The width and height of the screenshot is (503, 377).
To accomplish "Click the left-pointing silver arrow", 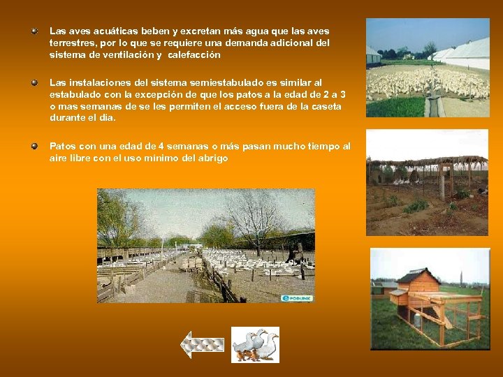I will tap(202, 344).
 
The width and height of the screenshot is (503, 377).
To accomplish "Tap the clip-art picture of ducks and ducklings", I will tap(255, 344).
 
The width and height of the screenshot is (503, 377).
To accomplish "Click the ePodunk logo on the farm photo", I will tap(297, 298).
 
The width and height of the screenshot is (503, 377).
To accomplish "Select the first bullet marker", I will tap(34, 31).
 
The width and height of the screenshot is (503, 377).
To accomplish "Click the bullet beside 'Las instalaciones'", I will tap(34, 82).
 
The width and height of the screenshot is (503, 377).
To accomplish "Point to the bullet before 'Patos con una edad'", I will tap(34, 146).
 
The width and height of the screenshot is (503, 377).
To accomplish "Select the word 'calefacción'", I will tap(194, 54).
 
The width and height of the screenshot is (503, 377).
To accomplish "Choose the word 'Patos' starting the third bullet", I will tap(63, 147).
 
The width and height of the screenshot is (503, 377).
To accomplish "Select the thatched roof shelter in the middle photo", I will tap(426, 161).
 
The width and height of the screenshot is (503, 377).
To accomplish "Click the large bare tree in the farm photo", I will tap(249, 213).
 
